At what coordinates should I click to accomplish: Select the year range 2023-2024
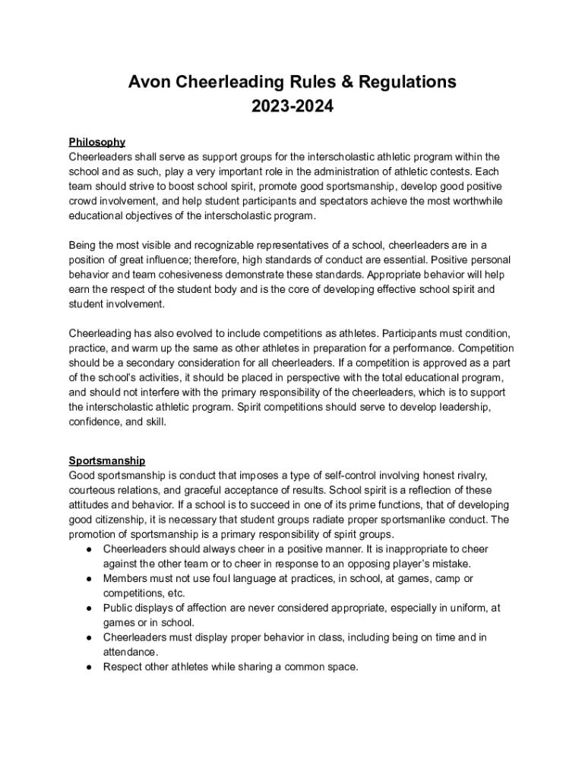(x=292, y=107)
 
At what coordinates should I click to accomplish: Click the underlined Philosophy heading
(x=96, y=142)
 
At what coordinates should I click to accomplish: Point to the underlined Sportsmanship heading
(x=107, y=461)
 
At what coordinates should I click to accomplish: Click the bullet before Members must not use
(x=89, y=579)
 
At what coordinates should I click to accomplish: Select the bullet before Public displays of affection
(x=89, y=609)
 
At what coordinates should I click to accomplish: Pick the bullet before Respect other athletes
(x=89, y=668)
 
